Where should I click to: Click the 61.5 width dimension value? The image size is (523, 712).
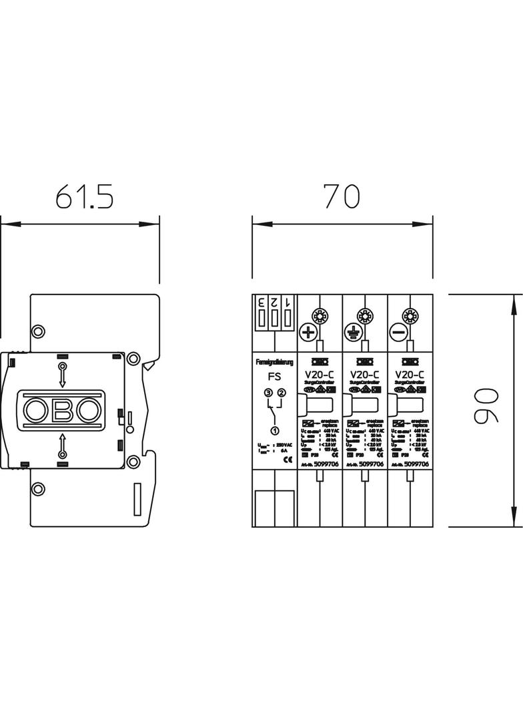coord(85,197)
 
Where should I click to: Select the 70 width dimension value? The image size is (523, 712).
coord(342,196)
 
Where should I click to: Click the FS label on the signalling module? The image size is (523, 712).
coord(274,376)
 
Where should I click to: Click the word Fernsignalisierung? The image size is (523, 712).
coord(274,362)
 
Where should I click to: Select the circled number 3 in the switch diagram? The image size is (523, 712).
coord(268,393)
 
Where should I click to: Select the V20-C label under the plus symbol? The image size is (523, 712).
coord(320,375)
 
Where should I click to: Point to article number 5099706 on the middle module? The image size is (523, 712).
coord(371,464)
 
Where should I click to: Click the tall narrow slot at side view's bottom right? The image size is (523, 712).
coord(138,499)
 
